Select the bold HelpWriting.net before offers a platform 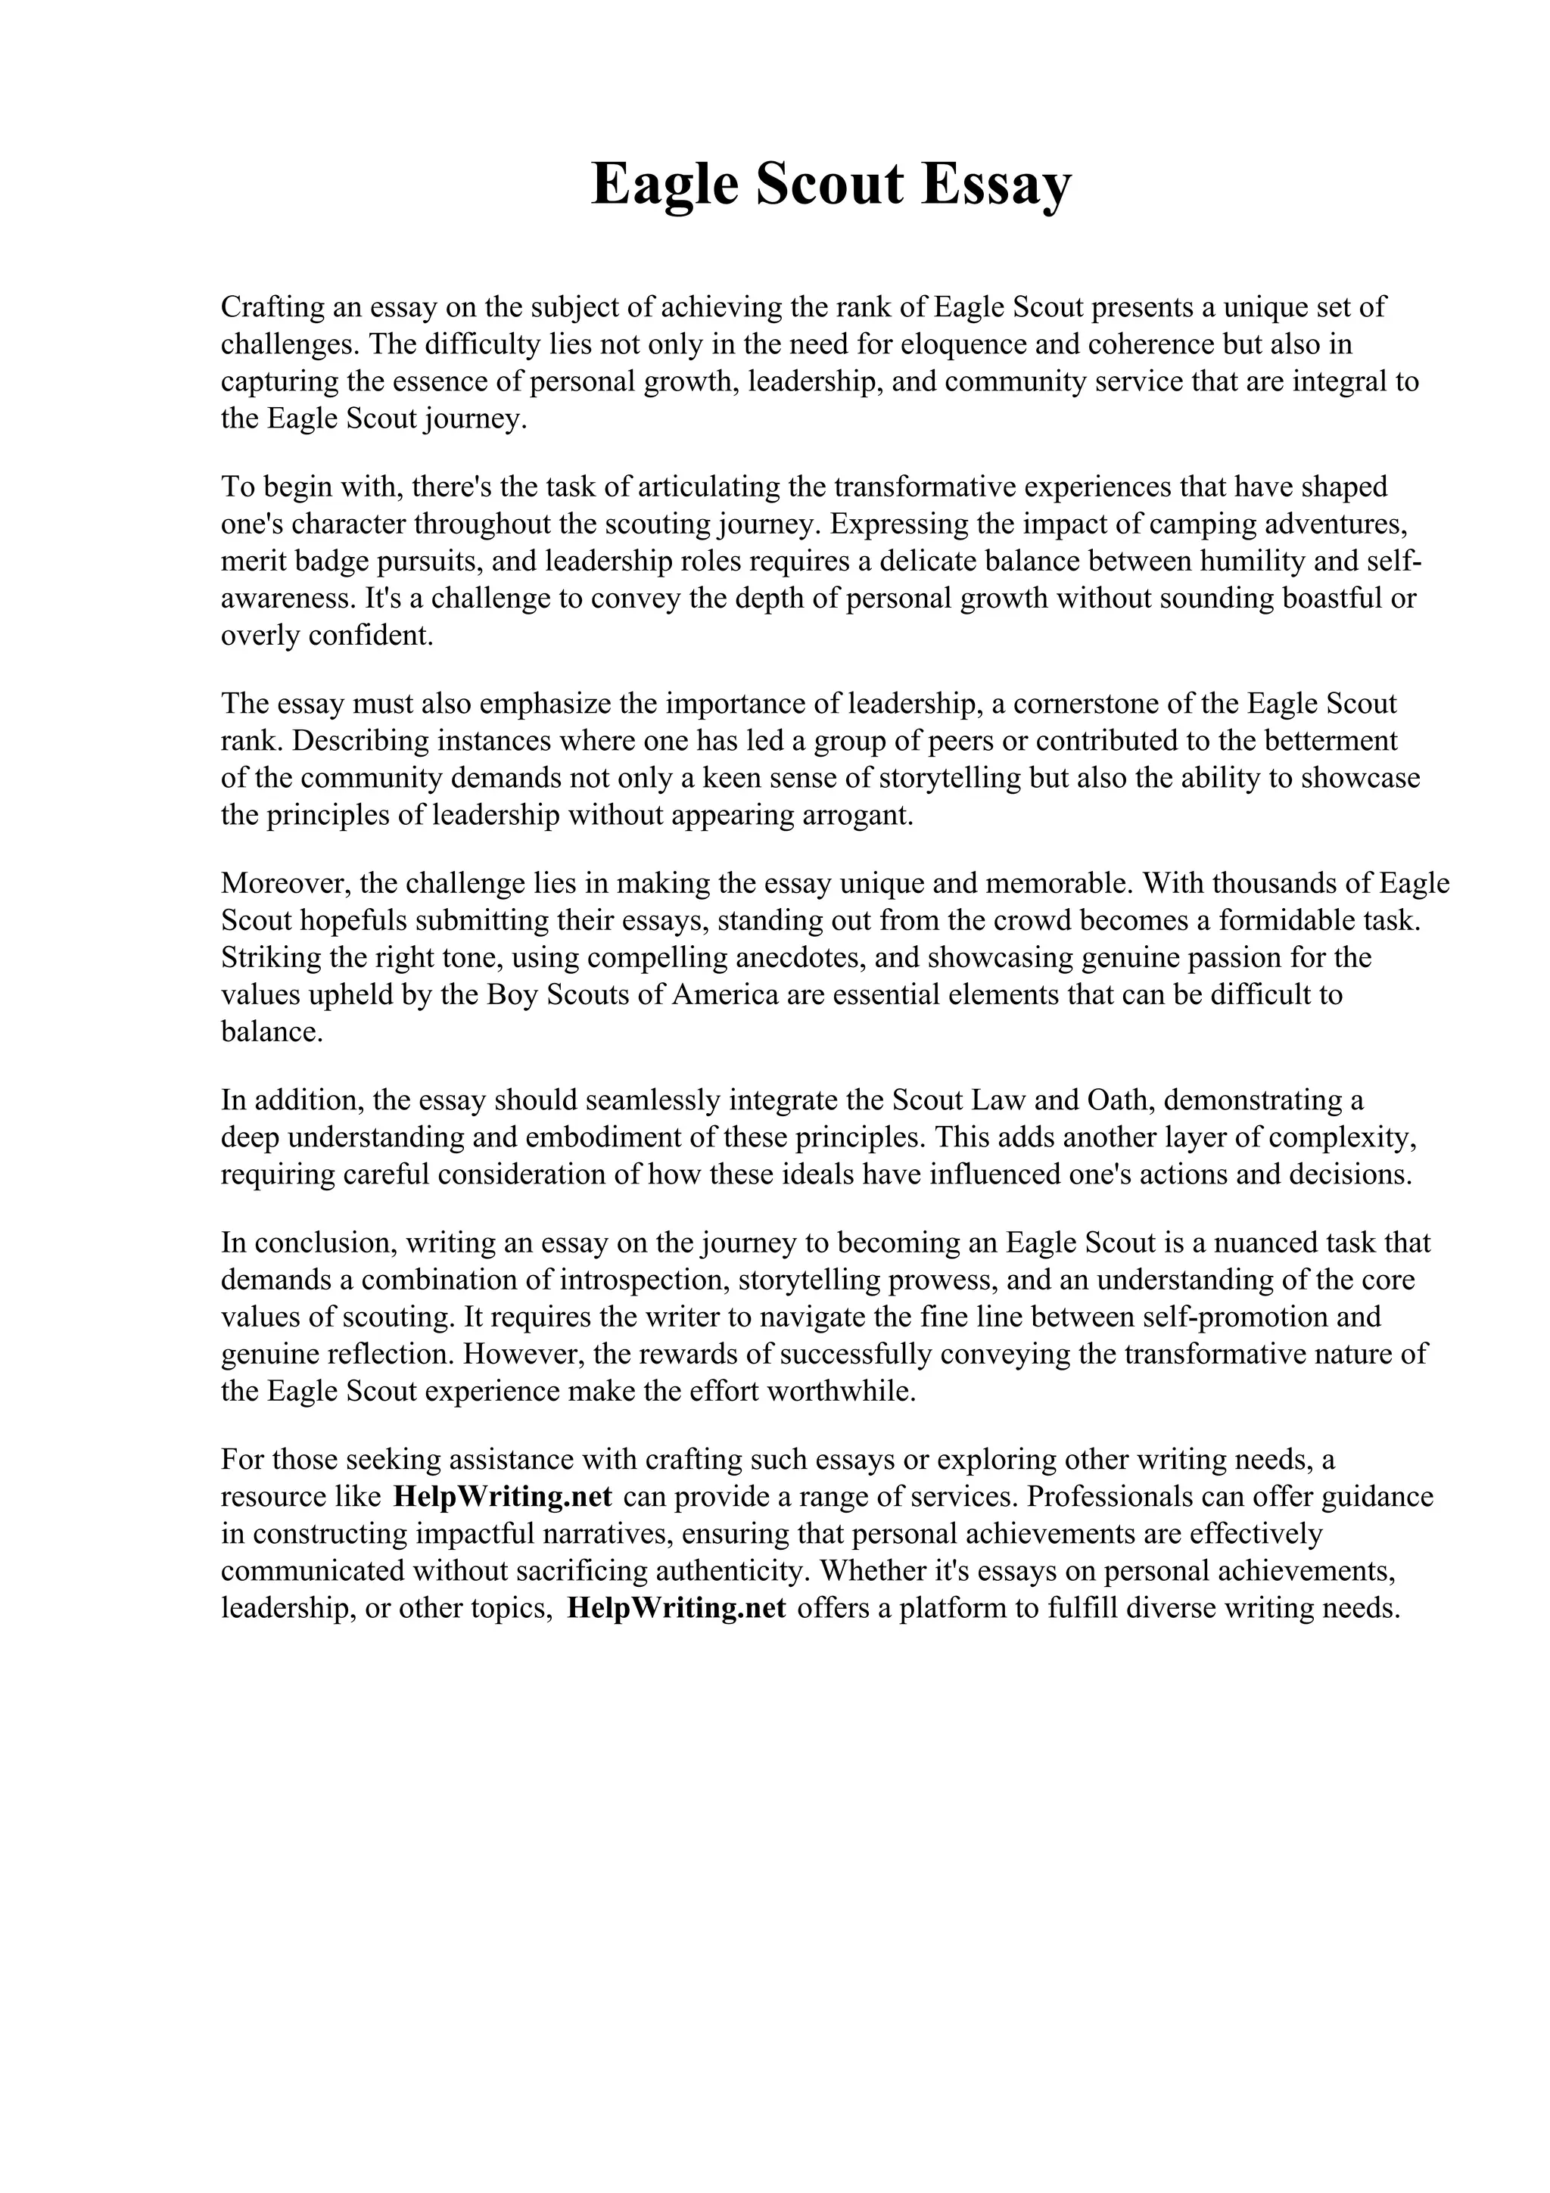click(x=675, y=1609)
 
